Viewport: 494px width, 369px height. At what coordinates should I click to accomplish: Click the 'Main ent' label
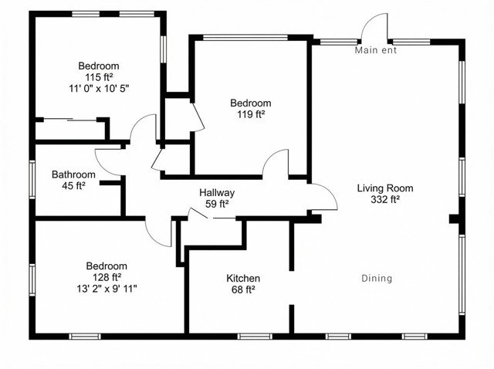(x=376, y=50)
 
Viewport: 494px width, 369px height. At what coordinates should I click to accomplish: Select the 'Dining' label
(x=377, y=278)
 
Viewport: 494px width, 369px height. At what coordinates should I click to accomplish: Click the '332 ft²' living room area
(x=385, y=199)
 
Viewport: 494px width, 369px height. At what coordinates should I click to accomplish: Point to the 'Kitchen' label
(x=243, y=278)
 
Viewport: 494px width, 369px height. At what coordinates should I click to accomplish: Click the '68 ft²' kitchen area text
(x=243, y=289)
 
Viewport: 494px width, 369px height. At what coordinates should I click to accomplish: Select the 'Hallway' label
(x=217, y=192)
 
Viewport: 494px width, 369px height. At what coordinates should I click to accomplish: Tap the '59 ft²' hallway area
(x=217, y=204)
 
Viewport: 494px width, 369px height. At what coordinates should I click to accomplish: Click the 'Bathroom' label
(x=73, y=174)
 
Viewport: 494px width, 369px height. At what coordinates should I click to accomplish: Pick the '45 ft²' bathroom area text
(x=74, y=185)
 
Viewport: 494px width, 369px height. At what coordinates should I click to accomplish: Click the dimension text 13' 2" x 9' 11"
(x=107, y=289)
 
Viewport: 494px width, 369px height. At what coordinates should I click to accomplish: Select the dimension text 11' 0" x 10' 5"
(x=99, y=89)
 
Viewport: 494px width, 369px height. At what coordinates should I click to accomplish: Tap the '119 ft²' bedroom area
(x=251, y=114)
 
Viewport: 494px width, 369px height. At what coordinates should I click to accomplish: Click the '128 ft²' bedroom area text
(x=107, y=277)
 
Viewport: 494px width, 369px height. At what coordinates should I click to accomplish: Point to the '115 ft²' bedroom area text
(x=99, y=77)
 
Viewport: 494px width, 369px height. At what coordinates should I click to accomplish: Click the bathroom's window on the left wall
(x=32, y=179)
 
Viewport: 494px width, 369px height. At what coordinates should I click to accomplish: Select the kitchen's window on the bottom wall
(x=255, y=337)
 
